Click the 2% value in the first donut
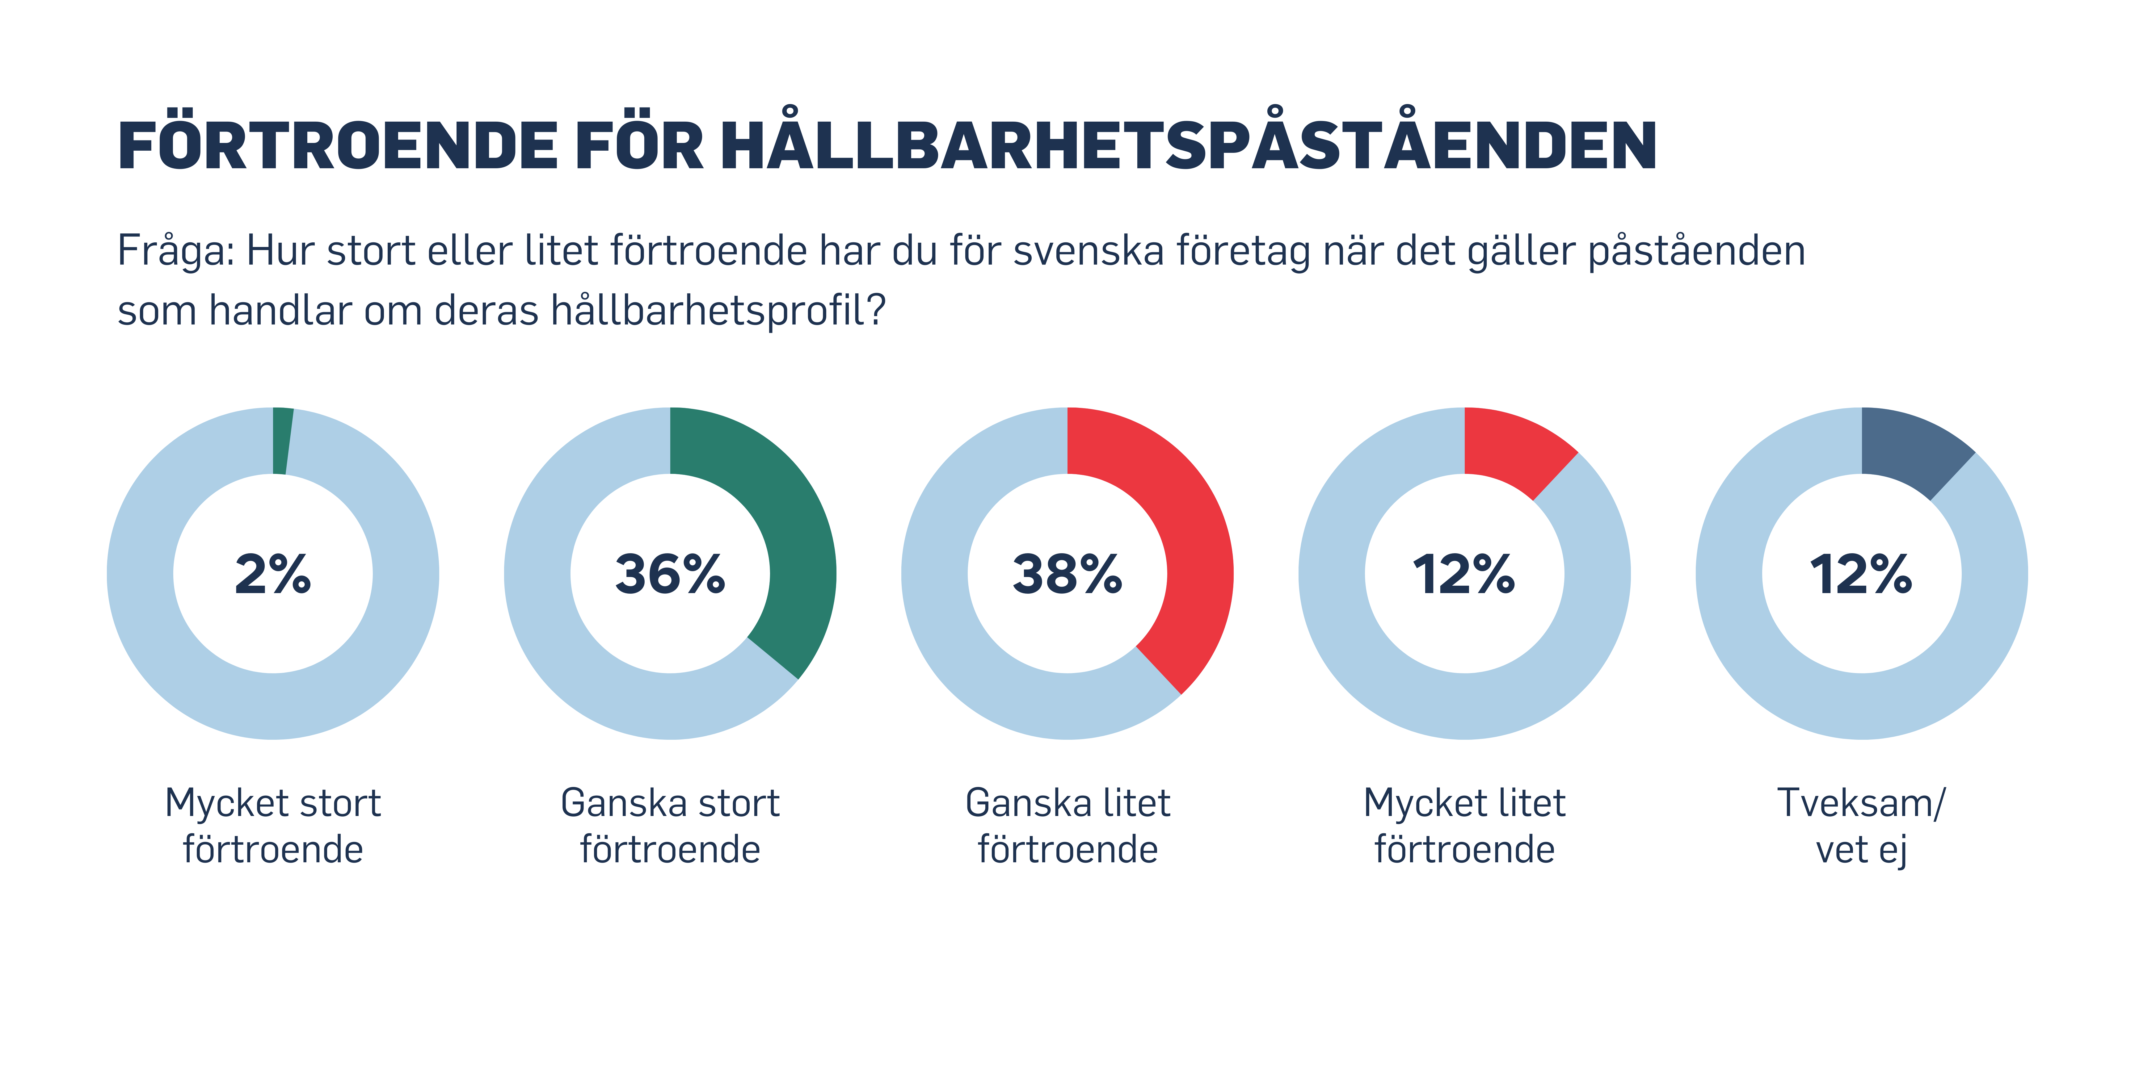(273, 574)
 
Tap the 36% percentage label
(670, 574)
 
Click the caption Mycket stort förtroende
(273, 826)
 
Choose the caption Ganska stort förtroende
(670, 826)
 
